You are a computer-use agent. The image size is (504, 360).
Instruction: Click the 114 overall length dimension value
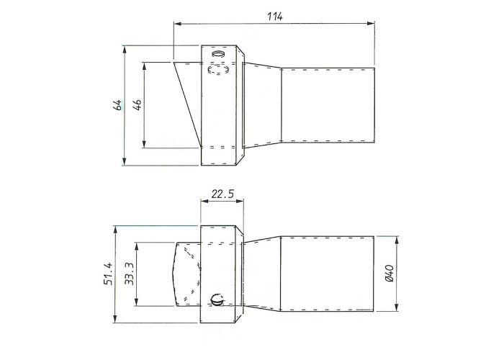[273, 16]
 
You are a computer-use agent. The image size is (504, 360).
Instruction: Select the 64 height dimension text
[117, 105]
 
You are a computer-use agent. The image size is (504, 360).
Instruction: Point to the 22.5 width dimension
[221, 194]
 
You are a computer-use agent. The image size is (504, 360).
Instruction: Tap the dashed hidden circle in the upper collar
[217, 70]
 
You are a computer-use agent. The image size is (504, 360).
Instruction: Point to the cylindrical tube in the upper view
[328, 105]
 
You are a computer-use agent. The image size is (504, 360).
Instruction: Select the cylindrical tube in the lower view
[328, 274]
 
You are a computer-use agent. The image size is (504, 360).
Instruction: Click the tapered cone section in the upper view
[263, 105]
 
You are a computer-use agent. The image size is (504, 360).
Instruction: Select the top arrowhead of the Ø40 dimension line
[397, 237]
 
